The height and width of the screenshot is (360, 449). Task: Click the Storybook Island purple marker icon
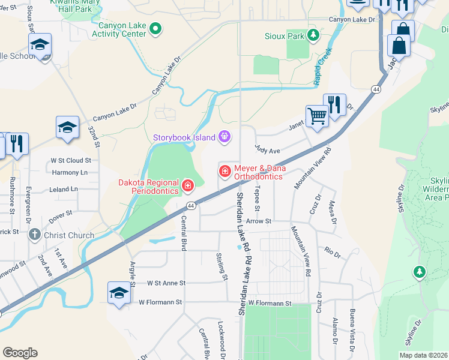tap(224, 137)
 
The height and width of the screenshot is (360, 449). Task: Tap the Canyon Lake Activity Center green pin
tap(155, 28)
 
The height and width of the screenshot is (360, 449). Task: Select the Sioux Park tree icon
tap(313, 36)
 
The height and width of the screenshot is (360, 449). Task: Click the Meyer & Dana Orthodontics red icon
tap(225, 172)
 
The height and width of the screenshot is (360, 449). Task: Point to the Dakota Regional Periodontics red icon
tap(188, 187)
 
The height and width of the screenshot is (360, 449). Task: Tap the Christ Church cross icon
tap(35, 235)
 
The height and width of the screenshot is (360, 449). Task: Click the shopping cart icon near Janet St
tap(317, 116)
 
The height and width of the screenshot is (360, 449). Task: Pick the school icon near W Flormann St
tap(119, 293)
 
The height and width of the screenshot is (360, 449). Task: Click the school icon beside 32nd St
tap(67, 128)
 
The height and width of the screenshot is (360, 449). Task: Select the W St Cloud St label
tap(71, 160)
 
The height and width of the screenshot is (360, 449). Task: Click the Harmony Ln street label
tap(70, 172)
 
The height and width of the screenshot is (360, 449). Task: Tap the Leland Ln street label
tap(64, 189)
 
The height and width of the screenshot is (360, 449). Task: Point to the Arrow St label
tap(260, 221)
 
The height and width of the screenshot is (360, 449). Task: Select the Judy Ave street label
tap(268, 151)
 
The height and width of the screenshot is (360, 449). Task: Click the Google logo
tap(20, 353)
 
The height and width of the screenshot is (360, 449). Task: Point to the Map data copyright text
tap(423, 355)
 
